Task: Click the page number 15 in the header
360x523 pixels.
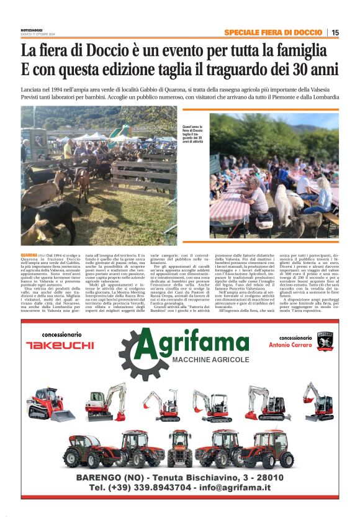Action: coord(335,32)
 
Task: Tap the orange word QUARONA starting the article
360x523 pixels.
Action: coord(29,255)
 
